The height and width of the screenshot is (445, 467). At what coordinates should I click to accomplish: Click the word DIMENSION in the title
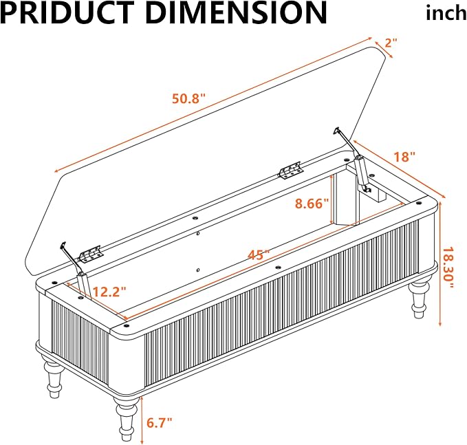pyautogui.click(x=236, y=12)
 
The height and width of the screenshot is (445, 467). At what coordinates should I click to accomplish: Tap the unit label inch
pyautogui.click(x=446, y=13)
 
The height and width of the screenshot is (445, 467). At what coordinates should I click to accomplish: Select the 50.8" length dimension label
pyautogui.click(x=189, y=98)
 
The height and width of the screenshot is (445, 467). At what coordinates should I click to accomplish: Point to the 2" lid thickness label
pyautogui.click(x=391, y=43)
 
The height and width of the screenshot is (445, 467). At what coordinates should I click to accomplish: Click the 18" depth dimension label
pyautogui.click(x=404, y=157)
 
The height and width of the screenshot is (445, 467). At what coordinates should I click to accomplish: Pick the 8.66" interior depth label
pyautogui.click(x=312, y=204)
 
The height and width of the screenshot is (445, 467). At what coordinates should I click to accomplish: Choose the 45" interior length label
pyautogui.click(x=259, y=254)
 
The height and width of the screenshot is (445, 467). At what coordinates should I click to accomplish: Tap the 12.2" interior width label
pyautogui.click(x=109, y=292)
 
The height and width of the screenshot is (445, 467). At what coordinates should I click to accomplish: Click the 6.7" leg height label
pyautogui.click(x=160, y=422)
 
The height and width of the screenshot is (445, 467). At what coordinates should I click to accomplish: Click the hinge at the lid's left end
pyautogui.click(x=91, y=254)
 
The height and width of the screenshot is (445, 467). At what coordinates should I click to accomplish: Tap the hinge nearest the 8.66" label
pyautogui.click(x=291, y=171)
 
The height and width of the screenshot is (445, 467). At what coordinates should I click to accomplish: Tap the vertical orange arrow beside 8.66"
pyautogui.click(x=332, y=199)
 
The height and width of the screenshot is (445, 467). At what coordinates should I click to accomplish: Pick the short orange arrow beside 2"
pyautogui.click(x=384, y=50)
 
